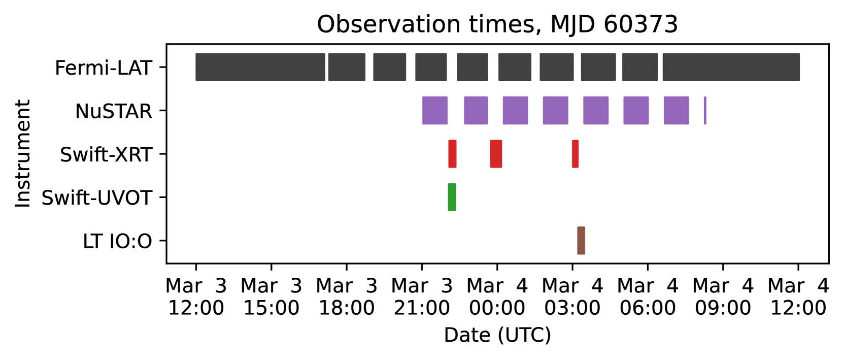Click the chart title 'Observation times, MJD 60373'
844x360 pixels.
coord(497,25)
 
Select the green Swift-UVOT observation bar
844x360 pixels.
coord(452,197)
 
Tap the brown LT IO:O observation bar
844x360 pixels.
coord(581,241)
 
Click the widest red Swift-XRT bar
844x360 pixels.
coord(496,154)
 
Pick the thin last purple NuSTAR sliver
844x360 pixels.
coord(705,111)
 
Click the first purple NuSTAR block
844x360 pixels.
coord(435,111)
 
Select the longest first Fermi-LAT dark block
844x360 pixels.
coord(260,67)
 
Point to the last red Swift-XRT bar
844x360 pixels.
coord(575,154)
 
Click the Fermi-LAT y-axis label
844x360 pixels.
coord(103,68)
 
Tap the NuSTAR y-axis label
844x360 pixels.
coord(113,112)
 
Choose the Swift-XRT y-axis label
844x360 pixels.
coord(106,155)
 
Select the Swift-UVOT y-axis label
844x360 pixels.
coord(96,199)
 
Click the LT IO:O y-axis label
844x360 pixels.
coord(117,242)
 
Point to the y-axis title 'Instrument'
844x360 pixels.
coord(23,153)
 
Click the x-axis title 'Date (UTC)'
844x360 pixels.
coord(497,335)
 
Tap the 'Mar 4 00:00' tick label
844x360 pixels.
coord(497,297)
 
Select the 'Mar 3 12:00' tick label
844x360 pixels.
coord(196,297)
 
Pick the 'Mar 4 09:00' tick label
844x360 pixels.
coord(723,297)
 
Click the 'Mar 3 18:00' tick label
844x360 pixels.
coord(347,297)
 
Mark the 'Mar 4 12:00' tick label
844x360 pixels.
coord(798,297)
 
